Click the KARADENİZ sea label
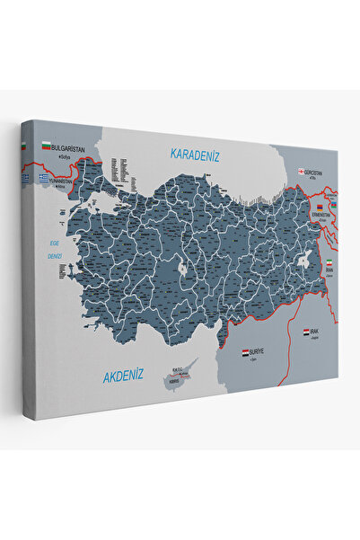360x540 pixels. click(x=197, y=154)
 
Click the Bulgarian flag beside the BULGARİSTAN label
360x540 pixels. click(x=46, y=144)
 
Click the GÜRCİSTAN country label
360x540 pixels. click(x=314, y=172)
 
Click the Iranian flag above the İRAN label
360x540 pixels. click(x=329, y=262)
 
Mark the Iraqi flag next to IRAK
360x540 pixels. click(x=307, y=332)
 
